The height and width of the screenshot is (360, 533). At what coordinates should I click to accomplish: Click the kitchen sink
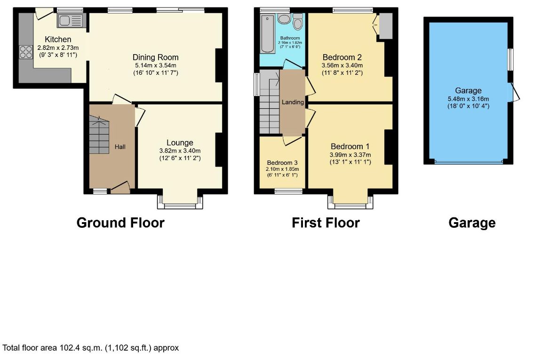(70, 21)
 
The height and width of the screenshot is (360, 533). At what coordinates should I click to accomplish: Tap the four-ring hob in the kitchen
(26, 52)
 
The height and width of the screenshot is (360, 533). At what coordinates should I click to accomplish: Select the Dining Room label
(155, 57)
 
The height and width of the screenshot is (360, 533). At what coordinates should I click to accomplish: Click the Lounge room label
(180, 143)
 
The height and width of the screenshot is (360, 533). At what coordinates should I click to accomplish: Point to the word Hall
(120, 147)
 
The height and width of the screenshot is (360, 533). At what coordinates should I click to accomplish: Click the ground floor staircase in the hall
(99, 135)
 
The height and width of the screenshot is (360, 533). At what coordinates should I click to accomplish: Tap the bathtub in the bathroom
(268, 34)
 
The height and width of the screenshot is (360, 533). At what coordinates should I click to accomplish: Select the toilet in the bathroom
(298, 23)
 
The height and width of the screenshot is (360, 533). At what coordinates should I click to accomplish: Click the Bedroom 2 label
(342, 57)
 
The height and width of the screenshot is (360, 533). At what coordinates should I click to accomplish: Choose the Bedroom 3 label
(282, 163)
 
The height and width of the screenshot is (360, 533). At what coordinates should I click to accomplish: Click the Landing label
(293, 102)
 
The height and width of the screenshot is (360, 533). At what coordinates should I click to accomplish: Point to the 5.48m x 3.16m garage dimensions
(469, 99)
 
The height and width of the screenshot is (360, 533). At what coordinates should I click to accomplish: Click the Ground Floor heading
(120, 223)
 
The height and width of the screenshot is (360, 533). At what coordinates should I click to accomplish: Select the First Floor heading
(326, 223)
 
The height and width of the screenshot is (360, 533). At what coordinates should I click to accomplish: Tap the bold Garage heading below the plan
(472, 223)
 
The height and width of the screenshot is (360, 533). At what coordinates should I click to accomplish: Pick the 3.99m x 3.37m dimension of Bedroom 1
(350, 155)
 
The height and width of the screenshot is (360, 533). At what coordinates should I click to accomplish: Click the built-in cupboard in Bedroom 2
(385, 26)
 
